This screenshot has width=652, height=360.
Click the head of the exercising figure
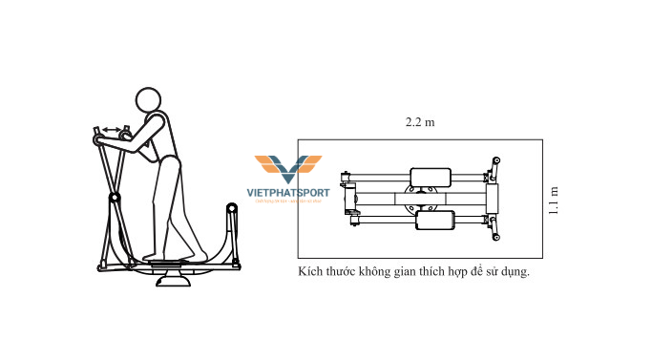click(x=148, y=100)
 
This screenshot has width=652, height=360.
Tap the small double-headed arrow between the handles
click(x=113, y=130)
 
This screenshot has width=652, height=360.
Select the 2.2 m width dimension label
click(x=420, y=123)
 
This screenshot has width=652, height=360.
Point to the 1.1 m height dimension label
click(x=554, y=200)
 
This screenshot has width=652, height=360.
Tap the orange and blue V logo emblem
click(x=288, y=169)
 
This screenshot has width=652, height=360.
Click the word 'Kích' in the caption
click(x=310, y=272)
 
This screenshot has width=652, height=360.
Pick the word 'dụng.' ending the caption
click(x=512, y=272)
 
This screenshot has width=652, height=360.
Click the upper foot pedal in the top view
click(x=430, y=178)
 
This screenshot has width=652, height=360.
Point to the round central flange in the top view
click(x=422, y=200)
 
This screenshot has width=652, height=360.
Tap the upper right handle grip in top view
click(x=495, y=161)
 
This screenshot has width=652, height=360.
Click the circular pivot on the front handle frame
click(x=115, y=198)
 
